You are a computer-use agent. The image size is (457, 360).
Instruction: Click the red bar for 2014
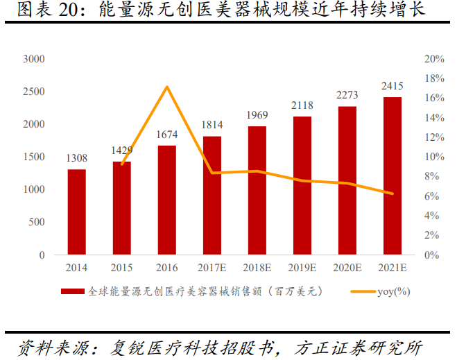(77, 212)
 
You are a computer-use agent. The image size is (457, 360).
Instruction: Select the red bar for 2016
(167, 200)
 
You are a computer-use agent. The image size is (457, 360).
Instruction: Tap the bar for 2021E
(393, 176)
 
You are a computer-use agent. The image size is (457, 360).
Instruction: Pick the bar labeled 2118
(302, 186)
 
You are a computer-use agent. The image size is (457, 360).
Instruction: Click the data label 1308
(77, 159)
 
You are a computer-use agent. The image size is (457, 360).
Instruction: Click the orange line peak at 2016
(167, 87)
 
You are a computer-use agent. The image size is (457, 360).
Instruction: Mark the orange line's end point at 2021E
(393, 194)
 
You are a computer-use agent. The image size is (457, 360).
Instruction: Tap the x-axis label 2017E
(212, 268)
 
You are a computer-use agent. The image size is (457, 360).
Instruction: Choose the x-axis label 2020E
(347, 268)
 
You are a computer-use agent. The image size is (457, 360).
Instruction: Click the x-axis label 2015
(122, 268)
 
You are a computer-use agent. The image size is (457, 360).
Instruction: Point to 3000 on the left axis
(33, 59)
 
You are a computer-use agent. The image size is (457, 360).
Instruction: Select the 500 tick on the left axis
(36, 223)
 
